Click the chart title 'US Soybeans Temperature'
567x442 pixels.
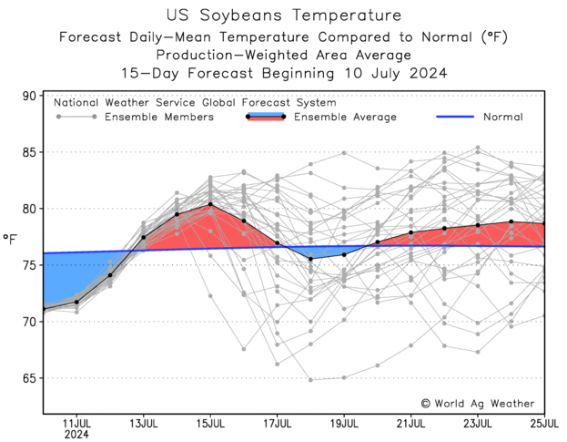(x=283, y=15)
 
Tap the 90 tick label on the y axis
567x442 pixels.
(x=29, y=96)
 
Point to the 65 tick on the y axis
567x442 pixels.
(x=29, y=378)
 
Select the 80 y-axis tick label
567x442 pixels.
(x=29, y=209)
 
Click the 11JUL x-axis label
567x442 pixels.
(x=76, y=424)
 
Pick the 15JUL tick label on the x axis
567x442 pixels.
(x=210, y=424)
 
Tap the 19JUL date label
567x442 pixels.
(x=344, y=424)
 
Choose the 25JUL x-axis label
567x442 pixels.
(x=544, y=424)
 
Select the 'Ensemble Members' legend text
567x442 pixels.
(x=159, y=117)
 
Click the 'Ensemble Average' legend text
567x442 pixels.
(x=345, y=117)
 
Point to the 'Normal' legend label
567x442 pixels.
(x=502, y=117)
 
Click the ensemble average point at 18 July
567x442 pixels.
(x=310, y=259)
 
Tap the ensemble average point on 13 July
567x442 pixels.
(x=144, y=238)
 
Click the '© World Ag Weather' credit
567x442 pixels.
(x=477, y=403)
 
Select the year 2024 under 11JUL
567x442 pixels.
(x=76, y=435)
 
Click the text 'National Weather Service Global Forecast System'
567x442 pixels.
(x=195, y=103)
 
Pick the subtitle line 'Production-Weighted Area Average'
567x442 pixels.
(x=283, y=55)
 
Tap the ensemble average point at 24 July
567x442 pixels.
(x=511, y=221)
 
